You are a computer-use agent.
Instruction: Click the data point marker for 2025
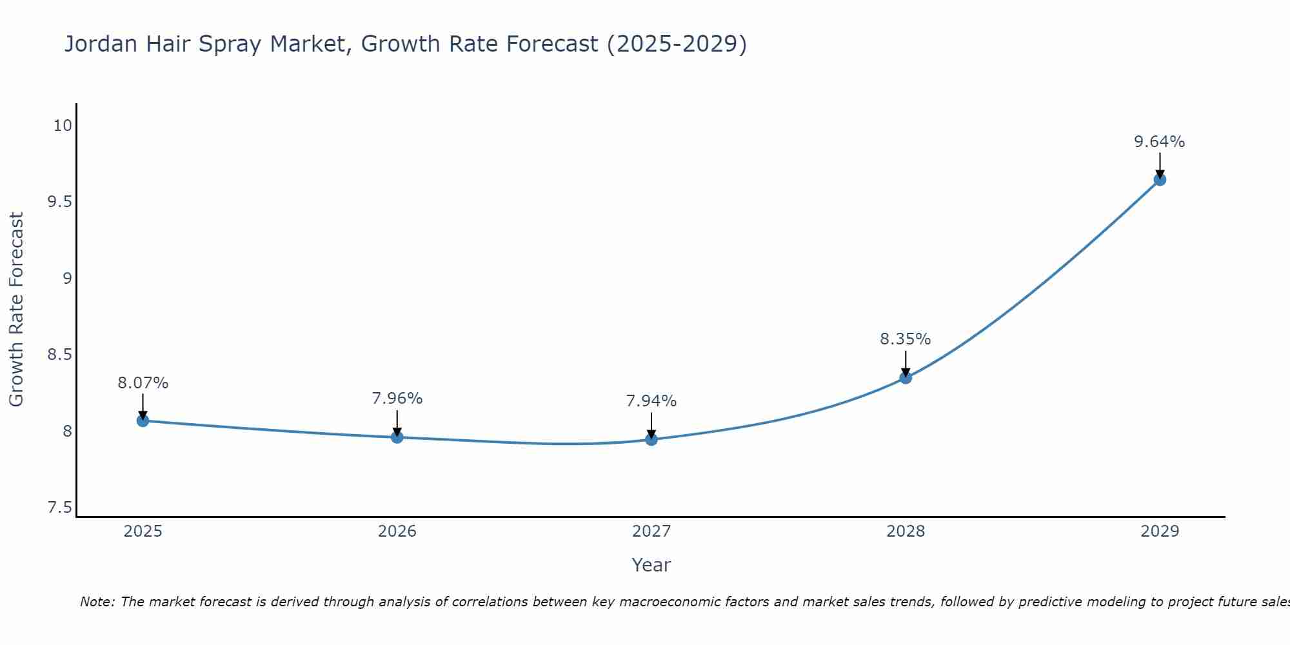[143, 421]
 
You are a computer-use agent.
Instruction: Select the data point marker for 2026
[397, 437]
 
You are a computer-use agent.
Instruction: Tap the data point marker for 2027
[651, 440]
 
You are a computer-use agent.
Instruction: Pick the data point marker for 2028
[905, 377]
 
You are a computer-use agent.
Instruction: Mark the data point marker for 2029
[1159, 179]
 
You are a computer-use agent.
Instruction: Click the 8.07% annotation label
[143, 383]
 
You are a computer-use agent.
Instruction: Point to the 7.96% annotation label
[397, 399]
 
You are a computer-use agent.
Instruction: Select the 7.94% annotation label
[651, 401]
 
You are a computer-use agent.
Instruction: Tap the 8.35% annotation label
[905, 339]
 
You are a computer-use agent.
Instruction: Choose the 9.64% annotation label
[1159, 142]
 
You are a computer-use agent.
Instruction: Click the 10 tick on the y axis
[62, 126]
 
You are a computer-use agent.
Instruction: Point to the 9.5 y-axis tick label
[59, 202]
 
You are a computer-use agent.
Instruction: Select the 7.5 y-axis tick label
[59, 508]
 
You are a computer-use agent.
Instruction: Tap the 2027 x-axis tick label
[651, 531]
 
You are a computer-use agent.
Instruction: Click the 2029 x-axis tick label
[1159, 531]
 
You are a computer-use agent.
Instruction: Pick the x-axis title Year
[651, 565]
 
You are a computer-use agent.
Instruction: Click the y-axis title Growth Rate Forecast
[16, 310]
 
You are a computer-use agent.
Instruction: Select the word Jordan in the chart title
[101, 44]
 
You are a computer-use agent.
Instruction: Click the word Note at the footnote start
[97, 602]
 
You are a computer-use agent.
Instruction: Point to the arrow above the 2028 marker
[905, 363]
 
